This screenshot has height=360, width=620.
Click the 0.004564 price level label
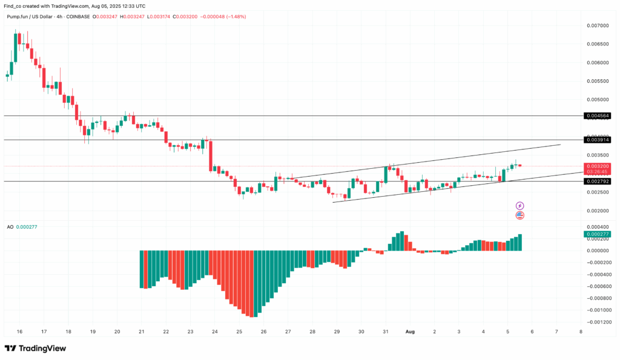pos(597,116)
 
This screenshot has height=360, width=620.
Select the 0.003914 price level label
pos(597,140)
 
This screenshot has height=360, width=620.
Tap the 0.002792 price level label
pos(597,181)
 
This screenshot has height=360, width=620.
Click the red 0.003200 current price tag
pos(597,166)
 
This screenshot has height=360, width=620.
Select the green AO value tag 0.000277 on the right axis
pos(597,234)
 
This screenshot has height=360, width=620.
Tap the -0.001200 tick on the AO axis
pos(596,322)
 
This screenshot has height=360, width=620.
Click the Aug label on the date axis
pos(410,332)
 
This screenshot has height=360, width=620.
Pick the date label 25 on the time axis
pos(239,332)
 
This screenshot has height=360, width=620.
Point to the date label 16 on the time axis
pos(19,332)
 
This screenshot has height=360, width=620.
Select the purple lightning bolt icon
pos(519,206)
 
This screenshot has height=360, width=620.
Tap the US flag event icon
pos(519,215)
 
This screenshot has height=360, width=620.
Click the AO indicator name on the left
pos(10,227)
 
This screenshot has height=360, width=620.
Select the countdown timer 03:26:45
pos(597,171)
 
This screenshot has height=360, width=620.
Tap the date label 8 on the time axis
pos(581,332)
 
